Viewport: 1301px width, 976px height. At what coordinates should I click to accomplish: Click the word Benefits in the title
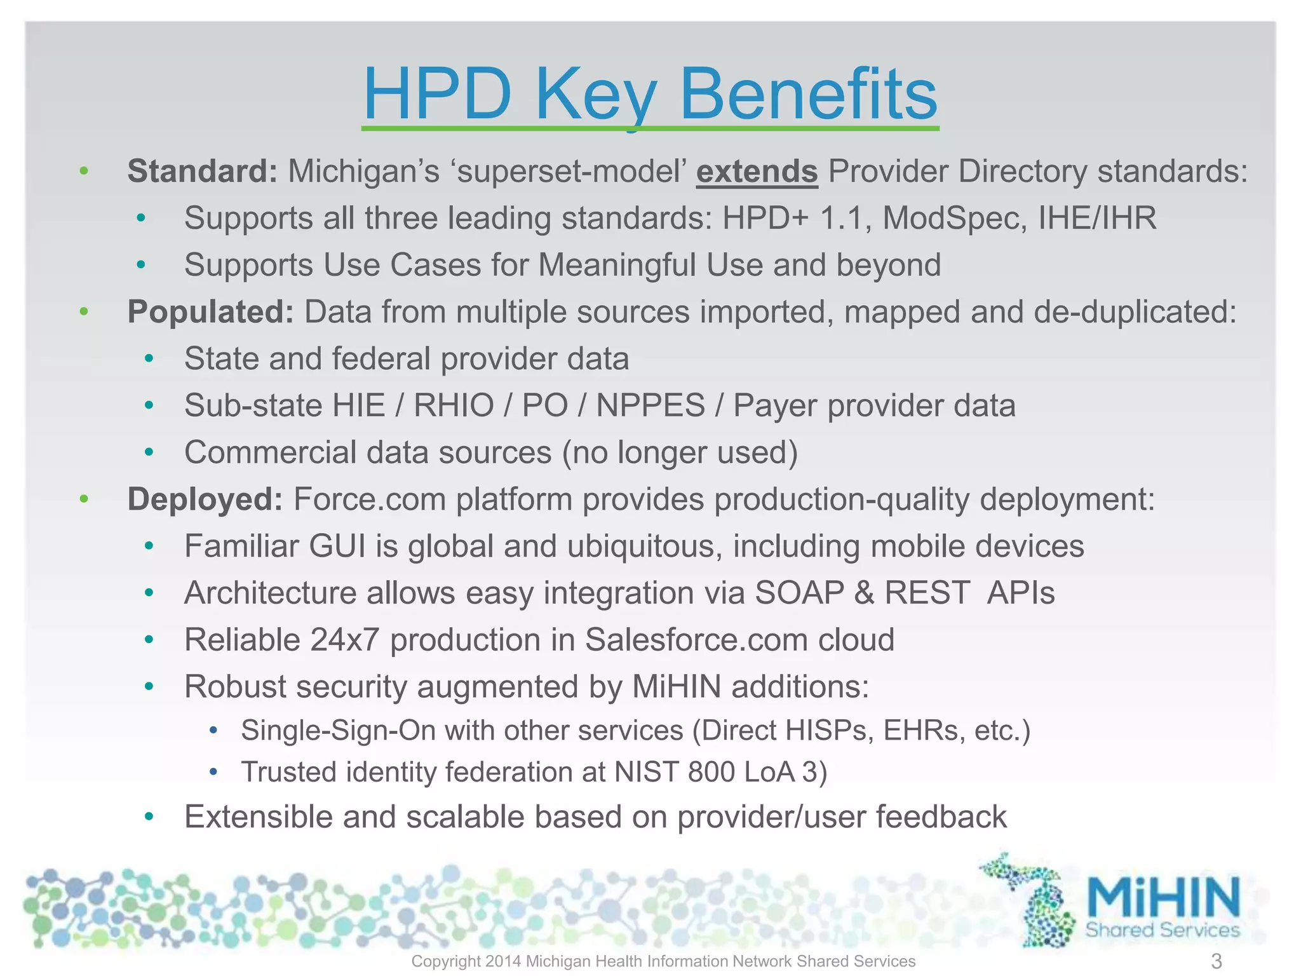[808, 95]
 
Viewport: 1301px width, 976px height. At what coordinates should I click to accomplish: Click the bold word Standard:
[202, 172]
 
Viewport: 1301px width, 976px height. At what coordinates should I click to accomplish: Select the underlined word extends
[757, 172]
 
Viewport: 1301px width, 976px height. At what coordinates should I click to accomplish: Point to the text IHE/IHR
[1097, 219]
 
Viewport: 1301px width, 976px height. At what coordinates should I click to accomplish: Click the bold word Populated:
[210, 312]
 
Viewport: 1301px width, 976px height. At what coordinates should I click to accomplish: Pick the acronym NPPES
[650, 406]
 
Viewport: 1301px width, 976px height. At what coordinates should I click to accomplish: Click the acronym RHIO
[454, 406]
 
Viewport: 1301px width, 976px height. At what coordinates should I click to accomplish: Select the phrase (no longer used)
[680, 453]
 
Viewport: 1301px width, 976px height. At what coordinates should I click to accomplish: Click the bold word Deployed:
[205, 499]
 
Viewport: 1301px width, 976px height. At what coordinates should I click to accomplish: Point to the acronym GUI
[337, 546]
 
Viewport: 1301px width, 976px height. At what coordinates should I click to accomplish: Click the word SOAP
[799, 593]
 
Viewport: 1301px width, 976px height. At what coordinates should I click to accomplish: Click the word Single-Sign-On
[338, 731]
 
